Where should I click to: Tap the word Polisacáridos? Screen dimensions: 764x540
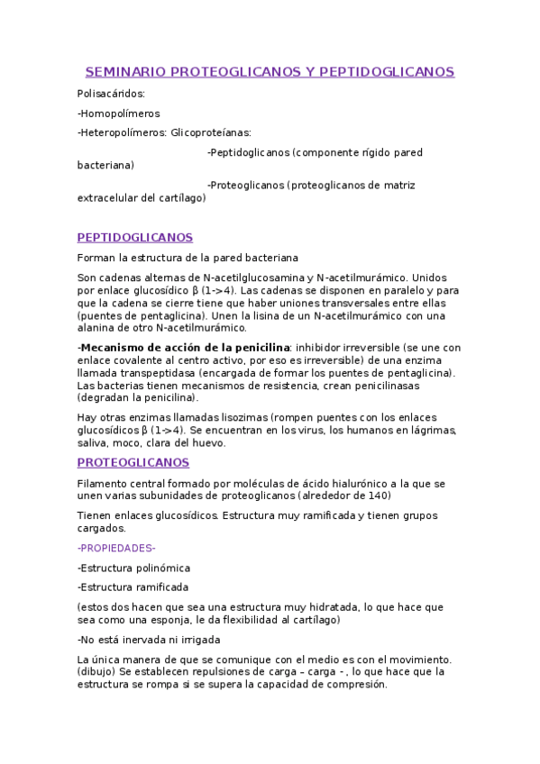[x=112, y=93]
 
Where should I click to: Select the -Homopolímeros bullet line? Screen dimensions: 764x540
[x=119, y=114]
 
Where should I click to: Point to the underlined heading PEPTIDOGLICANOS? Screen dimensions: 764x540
[x=135, y=238]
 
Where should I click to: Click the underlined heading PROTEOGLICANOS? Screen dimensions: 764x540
[x=133, y=462]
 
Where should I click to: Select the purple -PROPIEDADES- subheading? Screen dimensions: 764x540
[x=116, y=548]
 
